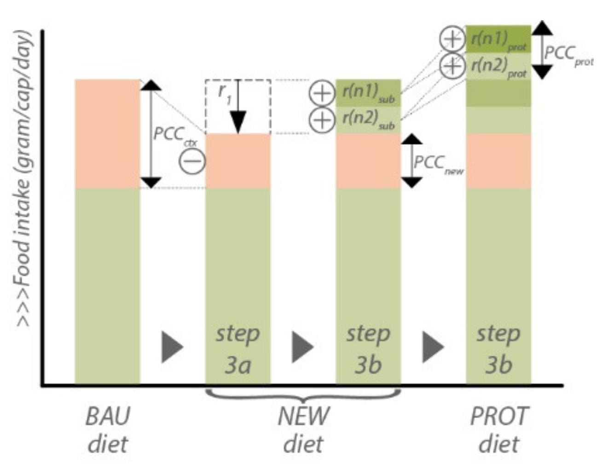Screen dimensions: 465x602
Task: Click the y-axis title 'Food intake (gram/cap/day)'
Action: click(x=22, y=179)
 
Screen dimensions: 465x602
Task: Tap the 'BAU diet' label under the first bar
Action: click(x=108, y=430)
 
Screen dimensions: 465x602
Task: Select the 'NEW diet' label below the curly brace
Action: click(x=303, y=430)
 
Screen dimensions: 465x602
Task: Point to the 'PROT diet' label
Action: click(x=499, y=430)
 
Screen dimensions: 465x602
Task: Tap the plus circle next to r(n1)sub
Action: click(x=322, y=93)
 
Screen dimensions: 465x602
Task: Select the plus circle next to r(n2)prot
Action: click(x=452, y=66)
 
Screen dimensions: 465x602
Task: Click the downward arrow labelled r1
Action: click(x=238, y=108)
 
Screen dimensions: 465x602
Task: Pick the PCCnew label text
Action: click(x=437, y=163)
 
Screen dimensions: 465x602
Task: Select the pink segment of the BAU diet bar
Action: click(x=107, y=134)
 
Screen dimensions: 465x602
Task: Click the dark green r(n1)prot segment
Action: click(x=498, y=39)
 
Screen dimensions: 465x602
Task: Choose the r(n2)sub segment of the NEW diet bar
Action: click(x=368, y=120)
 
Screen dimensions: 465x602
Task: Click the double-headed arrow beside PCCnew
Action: click(x=411, y=161)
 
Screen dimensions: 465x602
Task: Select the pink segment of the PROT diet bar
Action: click(x=498, y=161)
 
